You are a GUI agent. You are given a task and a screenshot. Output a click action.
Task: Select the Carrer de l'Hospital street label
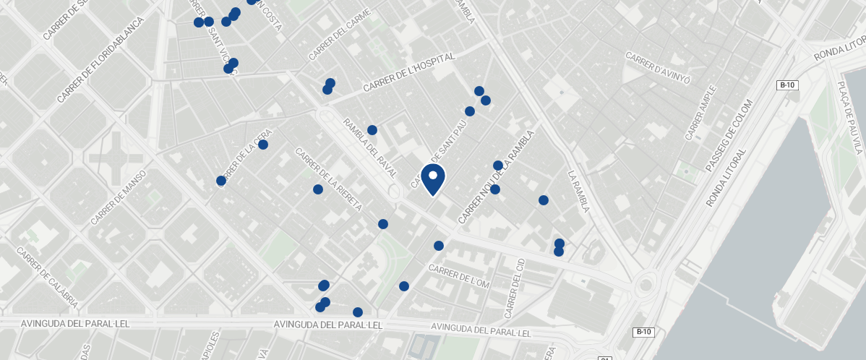409,72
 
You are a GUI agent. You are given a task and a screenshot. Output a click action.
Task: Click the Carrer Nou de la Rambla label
495,176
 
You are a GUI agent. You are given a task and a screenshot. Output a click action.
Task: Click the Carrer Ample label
700,115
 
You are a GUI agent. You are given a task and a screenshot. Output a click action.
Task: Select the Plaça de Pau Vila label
850,116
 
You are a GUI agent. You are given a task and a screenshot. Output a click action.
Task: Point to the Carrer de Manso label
119,197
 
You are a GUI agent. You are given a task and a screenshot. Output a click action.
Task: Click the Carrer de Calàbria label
48,278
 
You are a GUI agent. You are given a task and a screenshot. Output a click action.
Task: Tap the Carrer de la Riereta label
328,179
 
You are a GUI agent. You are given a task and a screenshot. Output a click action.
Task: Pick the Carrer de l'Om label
459,276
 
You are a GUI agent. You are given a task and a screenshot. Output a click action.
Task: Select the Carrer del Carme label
339,35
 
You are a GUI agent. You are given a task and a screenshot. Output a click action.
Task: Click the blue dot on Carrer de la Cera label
263,145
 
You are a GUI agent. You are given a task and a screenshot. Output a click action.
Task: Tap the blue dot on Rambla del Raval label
372,130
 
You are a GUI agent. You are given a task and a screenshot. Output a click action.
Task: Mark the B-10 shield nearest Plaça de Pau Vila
787,85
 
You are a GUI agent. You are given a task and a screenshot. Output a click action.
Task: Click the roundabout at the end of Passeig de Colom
646,286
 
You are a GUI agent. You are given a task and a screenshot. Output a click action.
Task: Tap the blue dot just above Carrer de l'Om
439,246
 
